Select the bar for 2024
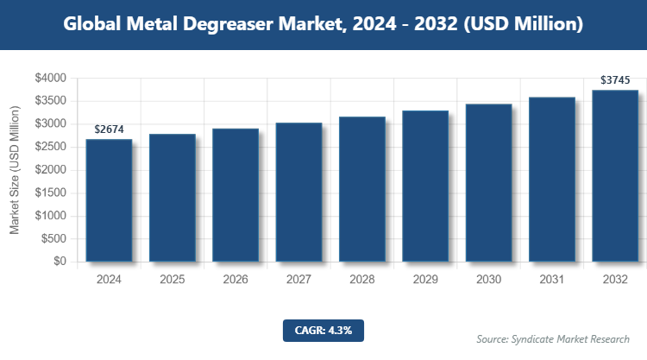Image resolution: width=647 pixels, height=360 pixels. [x=109, y=200]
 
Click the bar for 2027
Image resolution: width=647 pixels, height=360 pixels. [x=298, y=192]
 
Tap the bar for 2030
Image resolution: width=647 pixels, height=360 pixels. [x=488, y=182]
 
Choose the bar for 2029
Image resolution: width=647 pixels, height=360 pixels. [x=425, y=186]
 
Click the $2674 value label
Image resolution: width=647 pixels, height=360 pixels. [x=109, y=129]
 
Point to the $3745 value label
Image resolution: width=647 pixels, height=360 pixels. [x=615, y=80]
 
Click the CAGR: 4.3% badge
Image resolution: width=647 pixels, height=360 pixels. [x=323, y=330]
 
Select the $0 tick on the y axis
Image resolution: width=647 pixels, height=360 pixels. [x=60, y=262]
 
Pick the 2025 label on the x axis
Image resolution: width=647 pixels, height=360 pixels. [x=172, y=280]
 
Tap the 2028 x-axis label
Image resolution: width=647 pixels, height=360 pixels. [x=361, y=280]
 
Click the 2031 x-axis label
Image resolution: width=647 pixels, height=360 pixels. [x=552, y=280]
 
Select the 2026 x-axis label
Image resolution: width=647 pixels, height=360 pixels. [x=236, y=280]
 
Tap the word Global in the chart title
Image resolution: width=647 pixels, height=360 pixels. [x=91, y=25]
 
